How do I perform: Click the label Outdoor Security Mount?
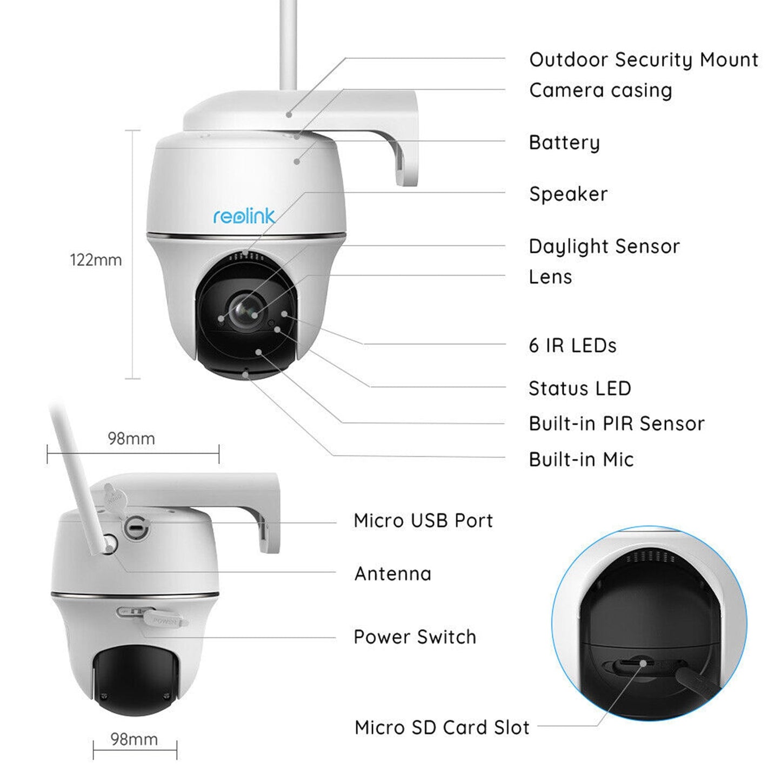pyautogui.click(x=643, y=60)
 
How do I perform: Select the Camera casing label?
pyautogui.click(x=600, y=90)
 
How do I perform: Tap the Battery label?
pyautogui.click(x=564, y=143)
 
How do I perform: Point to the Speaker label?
pyautogui.click(x=568, y=194)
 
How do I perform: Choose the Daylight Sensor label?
pyautogui.click(x=604, y=246)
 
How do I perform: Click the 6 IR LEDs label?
pyautogui.click(x=572, y=345)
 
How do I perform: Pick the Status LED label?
pyautogui.click(x=579, y=389)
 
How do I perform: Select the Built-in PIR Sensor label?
pyautogui.click(x=616, y=424)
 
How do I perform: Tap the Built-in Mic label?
pyautogui.click(x=581, y=459)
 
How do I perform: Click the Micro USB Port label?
pyautogui.click(x=423, y=520)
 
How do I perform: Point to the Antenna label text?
pyautogui.click(x=393, y=573)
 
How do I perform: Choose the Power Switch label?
pyautogui.click(x=415, y=637)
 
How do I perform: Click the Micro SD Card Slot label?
pyautogui.click(x=442, y=727)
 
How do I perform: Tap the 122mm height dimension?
pyautogui.click(x=96, y=260)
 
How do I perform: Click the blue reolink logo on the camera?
pyautogui.click(x=244, y=217)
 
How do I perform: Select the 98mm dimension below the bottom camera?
pyautogui.click(x=134, y=739)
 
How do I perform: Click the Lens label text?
pyautogui.click(x=550, y=277)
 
